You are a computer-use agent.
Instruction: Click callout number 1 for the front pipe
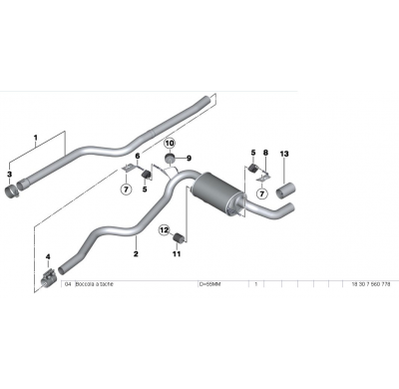35,138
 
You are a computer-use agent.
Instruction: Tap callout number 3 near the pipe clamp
9,175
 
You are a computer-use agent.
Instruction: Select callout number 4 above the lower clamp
48,258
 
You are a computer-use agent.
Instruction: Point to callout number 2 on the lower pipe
136,254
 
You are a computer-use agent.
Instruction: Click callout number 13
284,153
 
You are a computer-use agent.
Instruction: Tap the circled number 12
164,229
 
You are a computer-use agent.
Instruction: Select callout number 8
265,153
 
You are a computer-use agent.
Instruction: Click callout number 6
138,157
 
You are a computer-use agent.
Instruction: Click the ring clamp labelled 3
18,191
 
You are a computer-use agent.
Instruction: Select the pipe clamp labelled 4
49,276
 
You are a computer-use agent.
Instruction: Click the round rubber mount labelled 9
170,160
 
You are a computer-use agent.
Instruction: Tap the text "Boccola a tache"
98,283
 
